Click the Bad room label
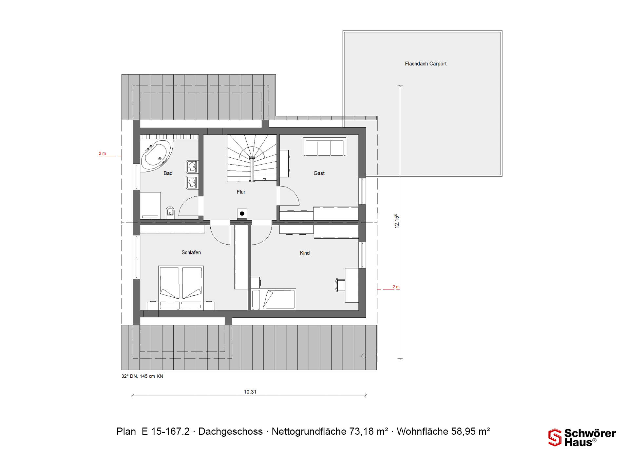point(168,173)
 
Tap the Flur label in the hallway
point(241,192)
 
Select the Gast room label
point(319,173)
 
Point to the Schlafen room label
point(191,252)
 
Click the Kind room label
point(305,253)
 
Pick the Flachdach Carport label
point(426,64)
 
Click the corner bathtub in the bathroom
point(156,156)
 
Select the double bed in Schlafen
point(181,288)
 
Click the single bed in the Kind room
point(274,299)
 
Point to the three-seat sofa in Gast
point(325,147)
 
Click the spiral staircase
point(252,158)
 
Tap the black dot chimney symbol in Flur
point(242,214)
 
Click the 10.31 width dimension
point(250,392)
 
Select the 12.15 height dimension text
point(397,221)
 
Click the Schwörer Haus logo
point(582,437)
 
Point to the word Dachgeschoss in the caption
point(231,431)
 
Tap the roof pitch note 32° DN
point(129,376)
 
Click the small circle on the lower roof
point(364,356)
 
